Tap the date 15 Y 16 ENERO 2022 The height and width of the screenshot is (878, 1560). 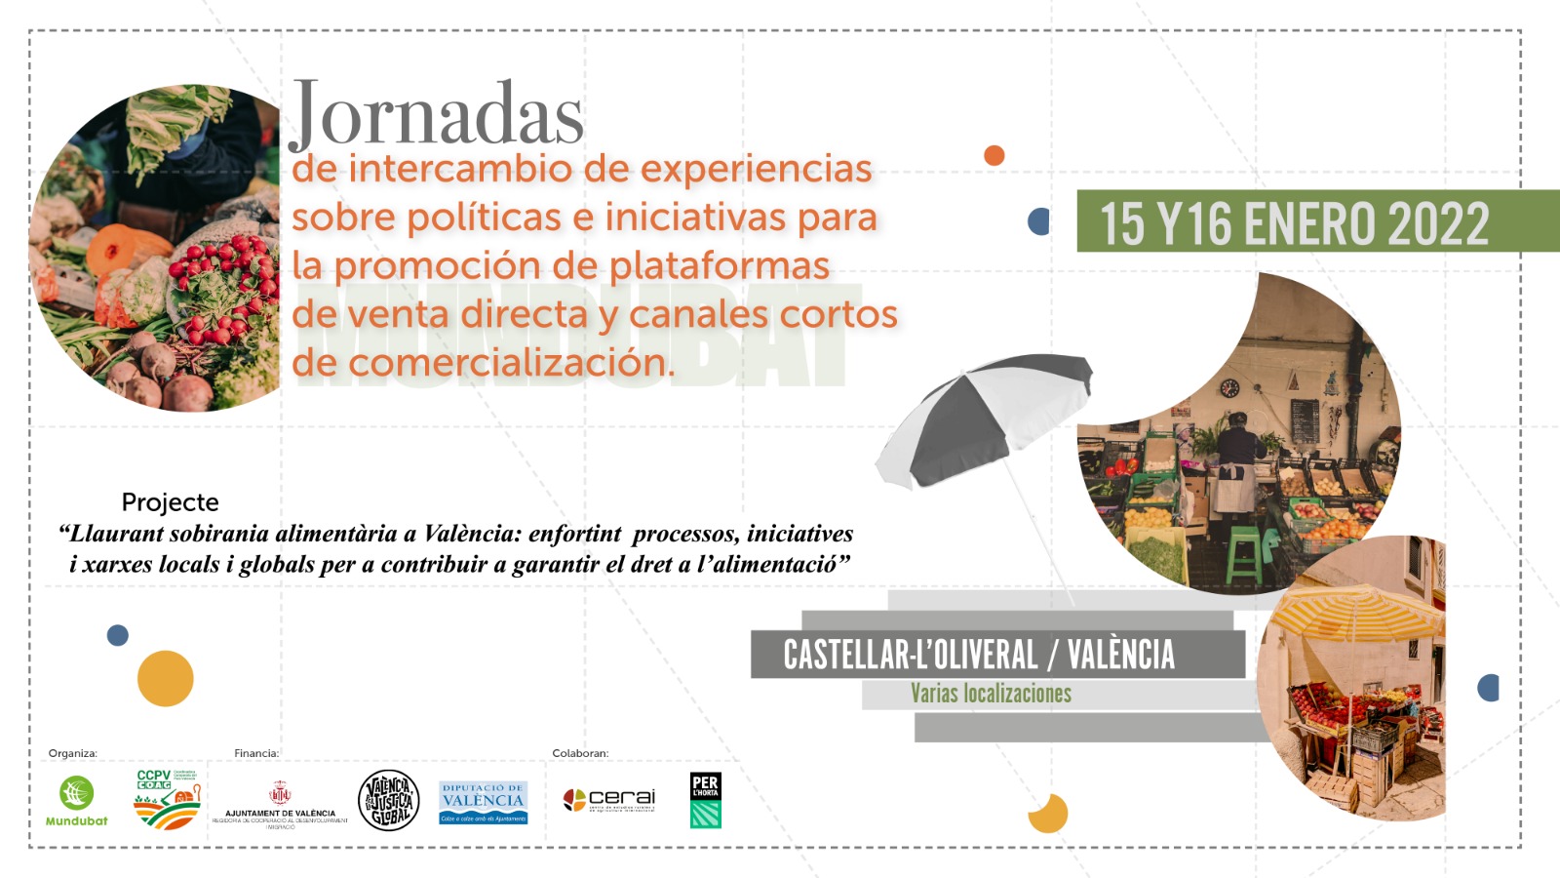click(1294, 223)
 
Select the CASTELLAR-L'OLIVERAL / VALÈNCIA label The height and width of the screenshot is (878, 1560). click(979, 655)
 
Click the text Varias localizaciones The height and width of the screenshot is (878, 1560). click(991, 694)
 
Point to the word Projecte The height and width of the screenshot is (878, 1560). click(170, 502)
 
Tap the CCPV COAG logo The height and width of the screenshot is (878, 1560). click(167, 799)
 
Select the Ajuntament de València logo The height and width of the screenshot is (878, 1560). click(280, 805)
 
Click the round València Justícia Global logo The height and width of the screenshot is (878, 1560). click(389, 800)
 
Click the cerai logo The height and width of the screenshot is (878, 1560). click(609, 800)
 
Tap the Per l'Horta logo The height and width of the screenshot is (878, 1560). click(705, 800)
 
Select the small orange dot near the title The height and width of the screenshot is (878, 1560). click(994, 155)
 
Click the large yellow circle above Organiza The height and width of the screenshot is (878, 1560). click(165, 678)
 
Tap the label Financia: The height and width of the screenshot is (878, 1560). click(256, 753)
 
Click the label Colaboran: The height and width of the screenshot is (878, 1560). click(580, 753)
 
